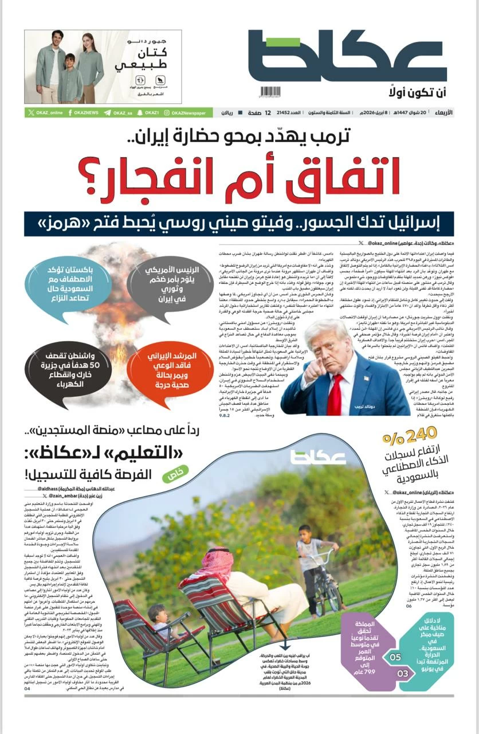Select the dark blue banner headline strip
coord(239,222)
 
